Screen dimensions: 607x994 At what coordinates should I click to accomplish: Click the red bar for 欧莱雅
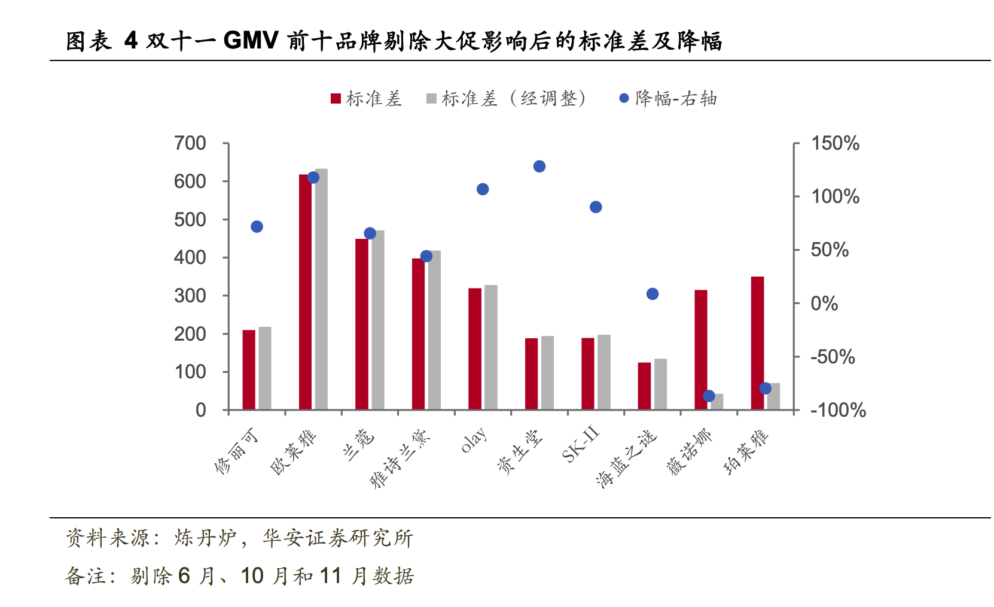[305, 293]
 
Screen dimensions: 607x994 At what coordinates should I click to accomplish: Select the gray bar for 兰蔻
[378, 320]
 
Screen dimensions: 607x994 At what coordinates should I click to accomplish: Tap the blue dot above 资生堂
[539, 166]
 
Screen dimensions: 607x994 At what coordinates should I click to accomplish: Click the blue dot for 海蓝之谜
[652, 294]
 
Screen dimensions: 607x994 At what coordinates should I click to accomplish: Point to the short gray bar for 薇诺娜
[717, 402]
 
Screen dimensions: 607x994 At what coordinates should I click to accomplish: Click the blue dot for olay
[483, 189]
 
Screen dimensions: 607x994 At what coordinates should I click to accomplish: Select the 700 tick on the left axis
[190, 144]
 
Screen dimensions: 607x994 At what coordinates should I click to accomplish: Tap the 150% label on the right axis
[835, 144]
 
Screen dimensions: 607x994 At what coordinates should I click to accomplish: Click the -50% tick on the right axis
[833, 357]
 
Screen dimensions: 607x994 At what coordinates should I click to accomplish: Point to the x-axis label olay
[474, 441]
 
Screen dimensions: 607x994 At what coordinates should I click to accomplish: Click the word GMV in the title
[251, 41]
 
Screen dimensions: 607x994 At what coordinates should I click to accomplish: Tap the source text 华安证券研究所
[337, 538]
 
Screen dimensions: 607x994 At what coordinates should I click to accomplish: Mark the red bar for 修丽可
[249, 370]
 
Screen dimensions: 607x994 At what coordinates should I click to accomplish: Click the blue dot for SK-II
[596, 207]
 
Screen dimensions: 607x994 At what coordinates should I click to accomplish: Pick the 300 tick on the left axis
[190, 296]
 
